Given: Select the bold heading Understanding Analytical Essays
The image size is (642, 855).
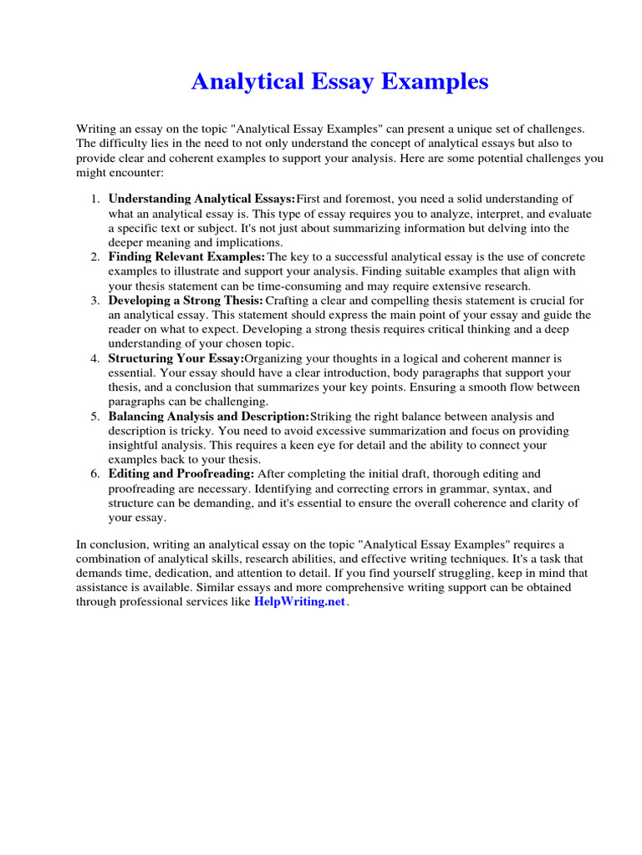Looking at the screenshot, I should point(201,199).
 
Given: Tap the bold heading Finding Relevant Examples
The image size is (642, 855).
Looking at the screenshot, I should point(186,256).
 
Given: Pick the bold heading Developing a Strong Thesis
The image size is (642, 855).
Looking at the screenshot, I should point(186,301).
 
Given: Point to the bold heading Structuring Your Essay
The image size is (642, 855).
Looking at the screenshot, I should point(176,358).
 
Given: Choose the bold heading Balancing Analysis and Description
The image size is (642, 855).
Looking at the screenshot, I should point(208,416).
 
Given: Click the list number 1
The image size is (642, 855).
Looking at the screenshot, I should point(94,199).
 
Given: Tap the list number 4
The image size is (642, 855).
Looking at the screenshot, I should point(94,358).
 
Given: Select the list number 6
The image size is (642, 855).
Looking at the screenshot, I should point(94,473).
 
